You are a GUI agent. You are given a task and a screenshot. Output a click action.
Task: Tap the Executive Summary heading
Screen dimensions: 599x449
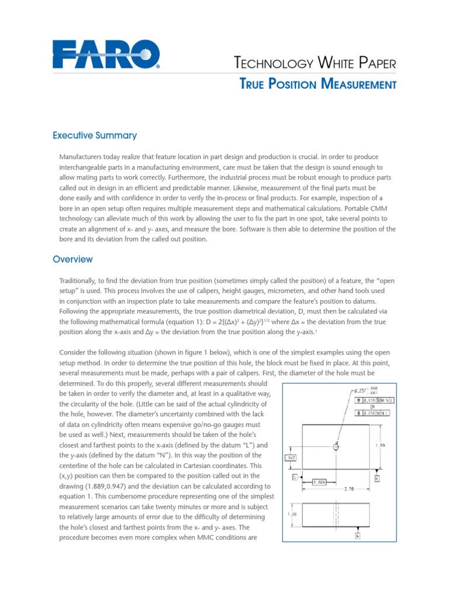95,136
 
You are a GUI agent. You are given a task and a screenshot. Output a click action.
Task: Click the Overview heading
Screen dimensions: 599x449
72,259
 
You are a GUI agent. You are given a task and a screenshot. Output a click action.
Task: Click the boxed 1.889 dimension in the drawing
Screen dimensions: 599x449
319,482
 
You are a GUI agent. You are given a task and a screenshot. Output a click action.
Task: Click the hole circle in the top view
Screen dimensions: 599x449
336,447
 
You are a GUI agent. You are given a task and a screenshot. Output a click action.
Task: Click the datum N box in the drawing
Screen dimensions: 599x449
377,478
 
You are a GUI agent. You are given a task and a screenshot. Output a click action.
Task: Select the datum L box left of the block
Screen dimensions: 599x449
295,478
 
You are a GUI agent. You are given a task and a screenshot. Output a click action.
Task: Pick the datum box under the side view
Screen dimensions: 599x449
357,535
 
